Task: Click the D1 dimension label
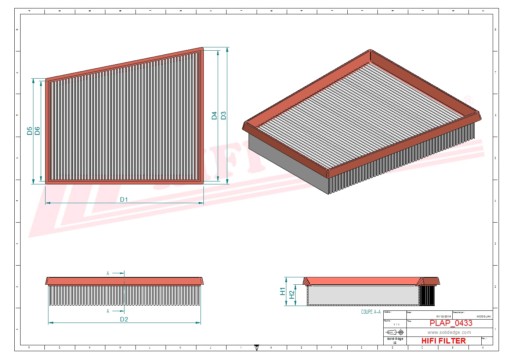point(124,199)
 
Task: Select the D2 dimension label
point(124,319)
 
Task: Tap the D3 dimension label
point(224,115)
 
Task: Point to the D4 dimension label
point(214,115)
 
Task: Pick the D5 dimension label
point(30,131)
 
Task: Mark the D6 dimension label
point(37,131)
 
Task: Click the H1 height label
point(282,291)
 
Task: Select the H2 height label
point(292,295)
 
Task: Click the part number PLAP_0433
point(451,323)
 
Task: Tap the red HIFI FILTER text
point(444,341)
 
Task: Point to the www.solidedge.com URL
point(449,332)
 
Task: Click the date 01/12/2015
point(444,316)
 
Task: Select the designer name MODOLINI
point(484,316)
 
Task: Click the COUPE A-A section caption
point(371,312)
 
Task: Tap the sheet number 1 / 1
point(396,324)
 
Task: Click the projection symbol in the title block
point(395,332)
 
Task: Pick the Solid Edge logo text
point(395,339)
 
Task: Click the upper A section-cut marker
point(108,273)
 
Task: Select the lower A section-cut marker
point(108,311)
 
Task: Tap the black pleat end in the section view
point(427,295)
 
